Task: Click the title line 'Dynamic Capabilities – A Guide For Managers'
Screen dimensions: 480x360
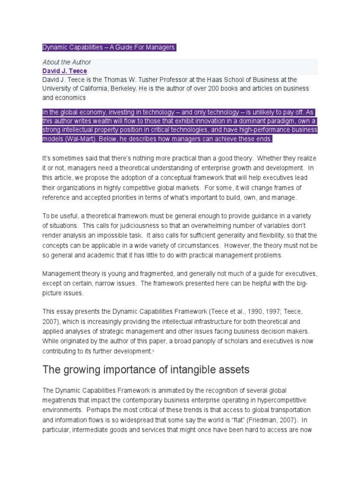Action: click(x=109, y=47)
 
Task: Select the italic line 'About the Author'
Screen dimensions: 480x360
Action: click(x=67, y=62)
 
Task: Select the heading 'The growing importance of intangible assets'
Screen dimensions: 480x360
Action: click(x=146, y=370)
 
